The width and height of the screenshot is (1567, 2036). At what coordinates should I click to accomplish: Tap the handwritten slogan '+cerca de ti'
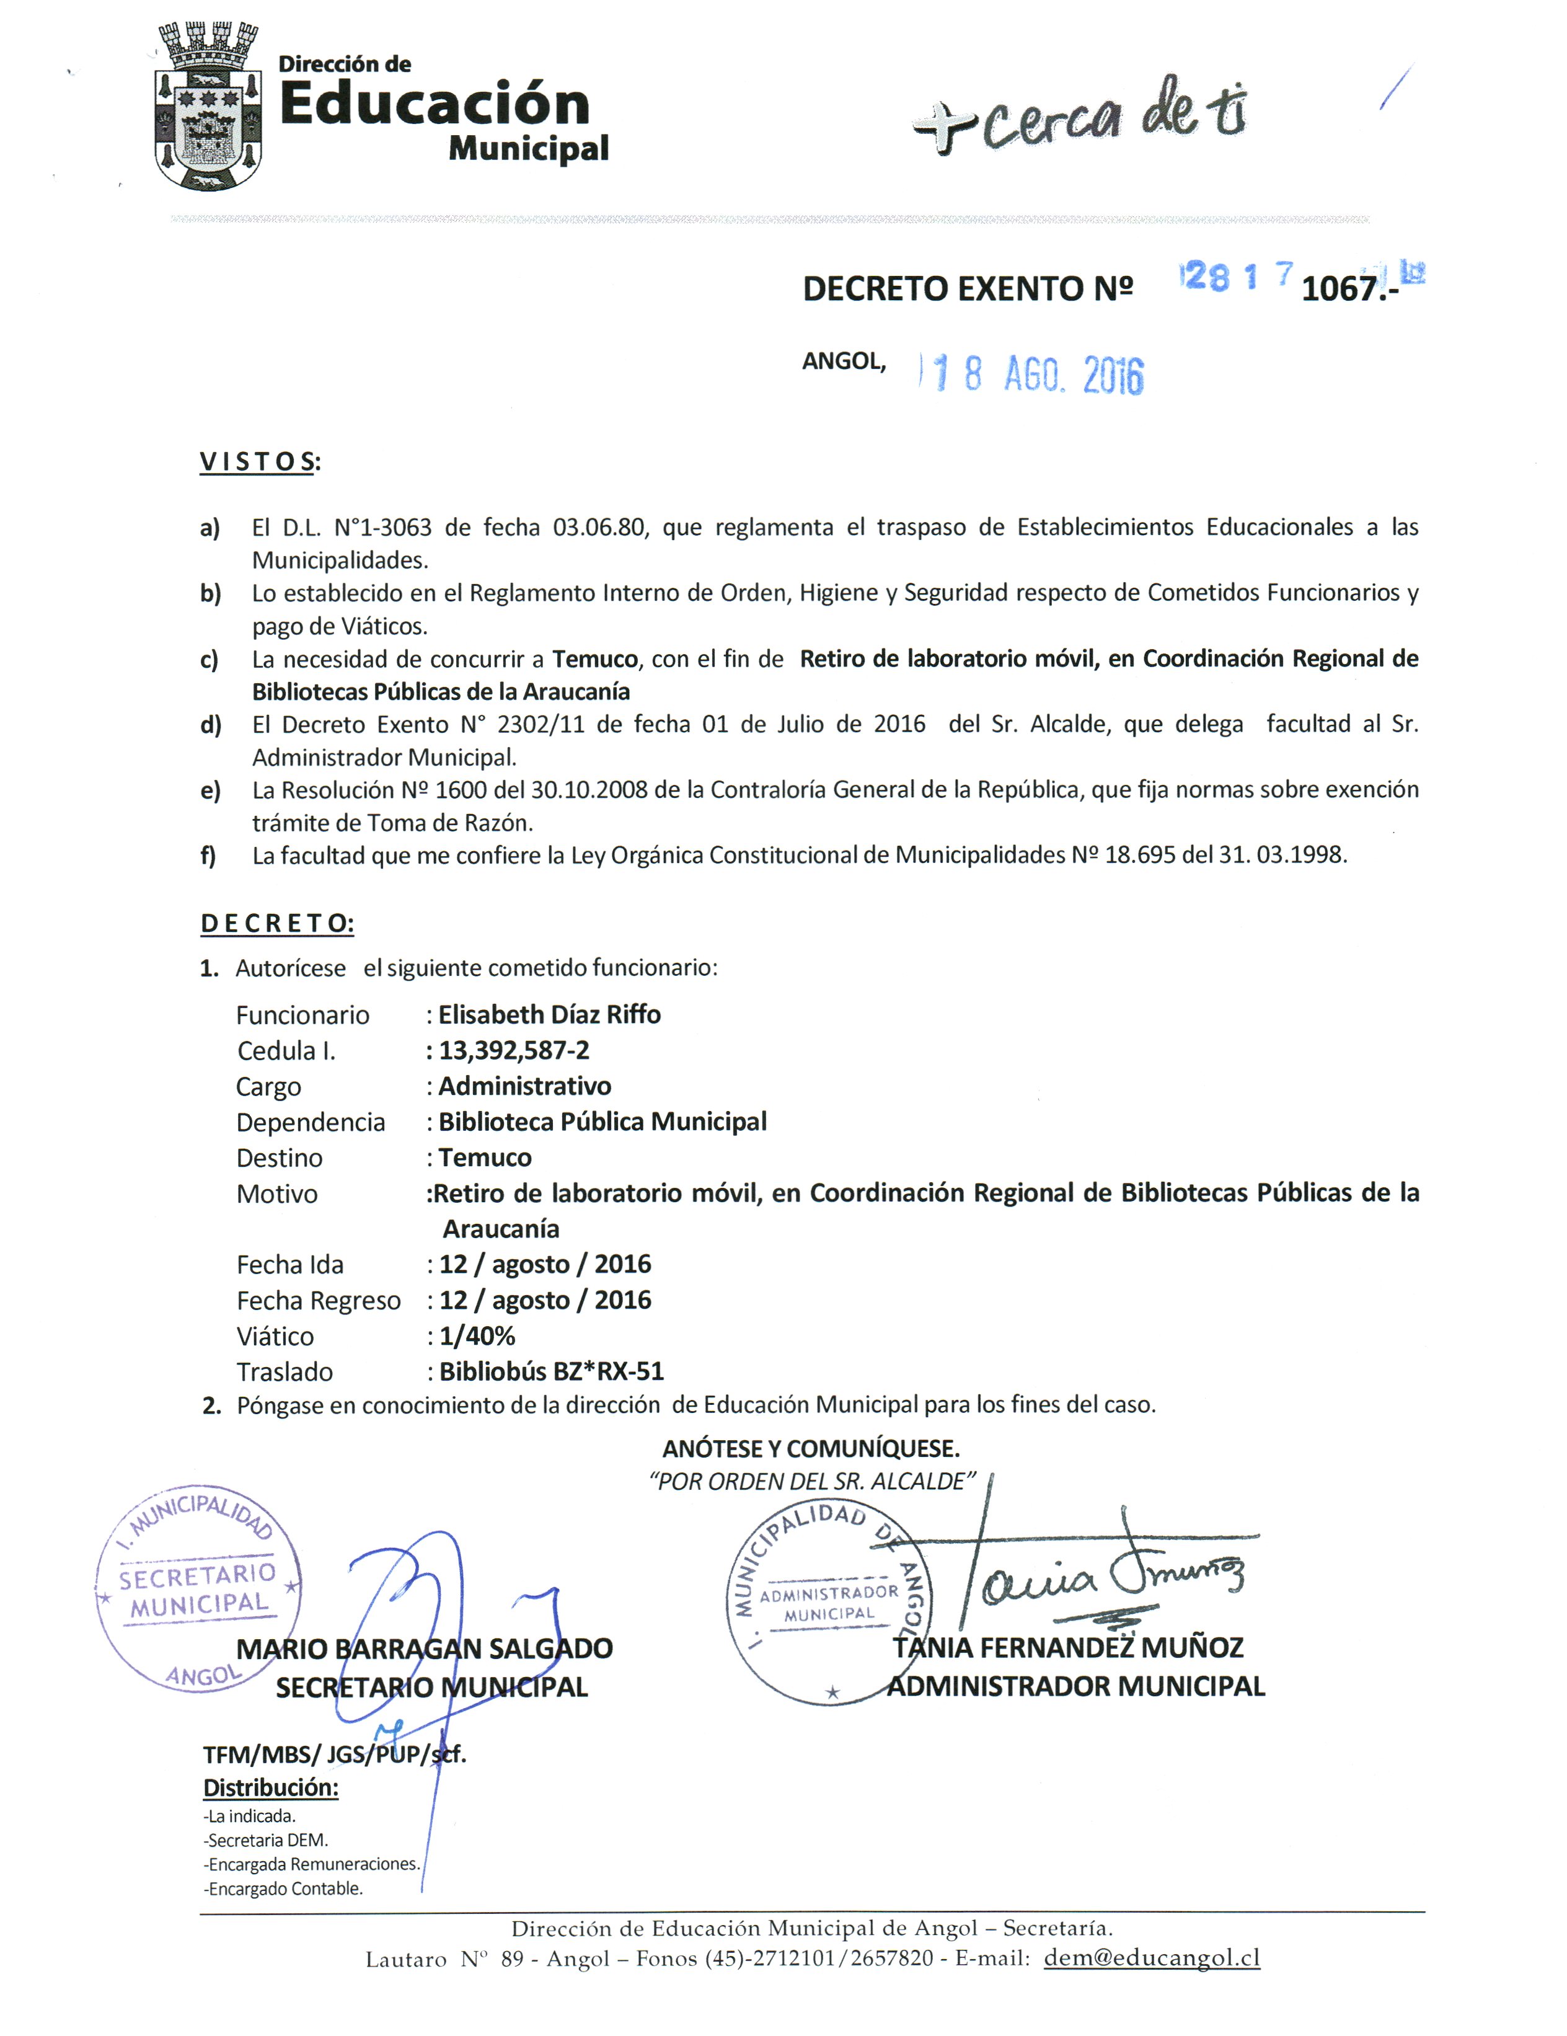(1079, 117)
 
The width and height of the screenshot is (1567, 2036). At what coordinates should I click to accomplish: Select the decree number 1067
(1340, 288)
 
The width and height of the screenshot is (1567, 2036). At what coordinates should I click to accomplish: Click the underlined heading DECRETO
(277, 923)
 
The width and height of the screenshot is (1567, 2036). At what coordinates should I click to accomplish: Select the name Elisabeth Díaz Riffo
(549, 1014)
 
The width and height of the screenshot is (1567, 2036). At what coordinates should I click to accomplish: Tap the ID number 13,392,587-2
(514, 1051)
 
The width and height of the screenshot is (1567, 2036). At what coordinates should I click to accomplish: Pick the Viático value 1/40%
(476, 1336)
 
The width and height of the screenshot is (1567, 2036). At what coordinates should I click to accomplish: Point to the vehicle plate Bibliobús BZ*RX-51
(551, 1371)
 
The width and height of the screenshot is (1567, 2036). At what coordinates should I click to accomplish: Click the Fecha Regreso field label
(318, 1301)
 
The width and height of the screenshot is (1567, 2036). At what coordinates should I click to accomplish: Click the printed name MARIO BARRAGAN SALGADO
(424, 1649)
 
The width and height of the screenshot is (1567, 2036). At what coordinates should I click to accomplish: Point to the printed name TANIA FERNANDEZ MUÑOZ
(1067, 1648)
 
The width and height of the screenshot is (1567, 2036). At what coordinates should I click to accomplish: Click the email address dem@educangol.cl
(1151, 1958)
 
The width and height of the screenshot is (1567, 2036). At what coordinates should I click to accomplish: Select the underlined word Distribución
(270, 1788)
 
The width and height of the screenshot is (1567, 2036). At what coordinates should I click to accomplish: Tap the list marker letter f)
(208, 856)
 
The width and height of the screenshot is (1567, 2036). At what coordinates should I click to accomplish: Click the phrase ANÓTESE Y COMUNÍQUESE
(810, 1449)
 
